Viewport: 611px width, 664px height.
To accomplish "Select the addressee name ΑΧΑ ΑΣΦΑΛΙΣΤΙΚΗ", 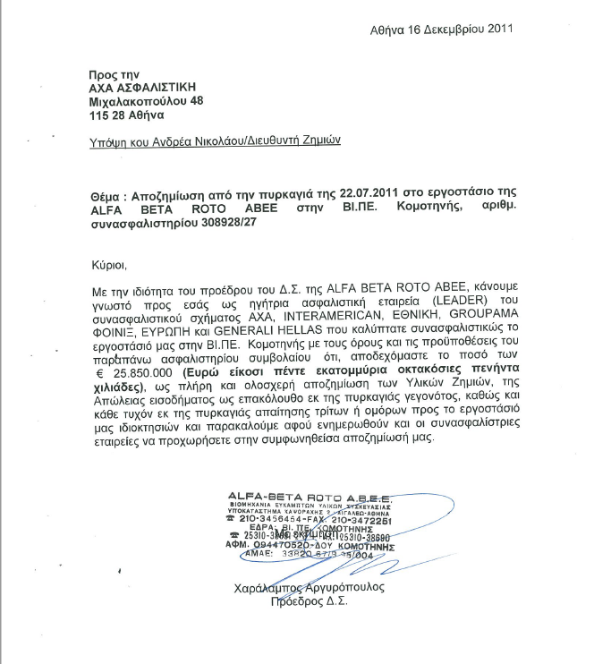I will click(141, 87).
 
